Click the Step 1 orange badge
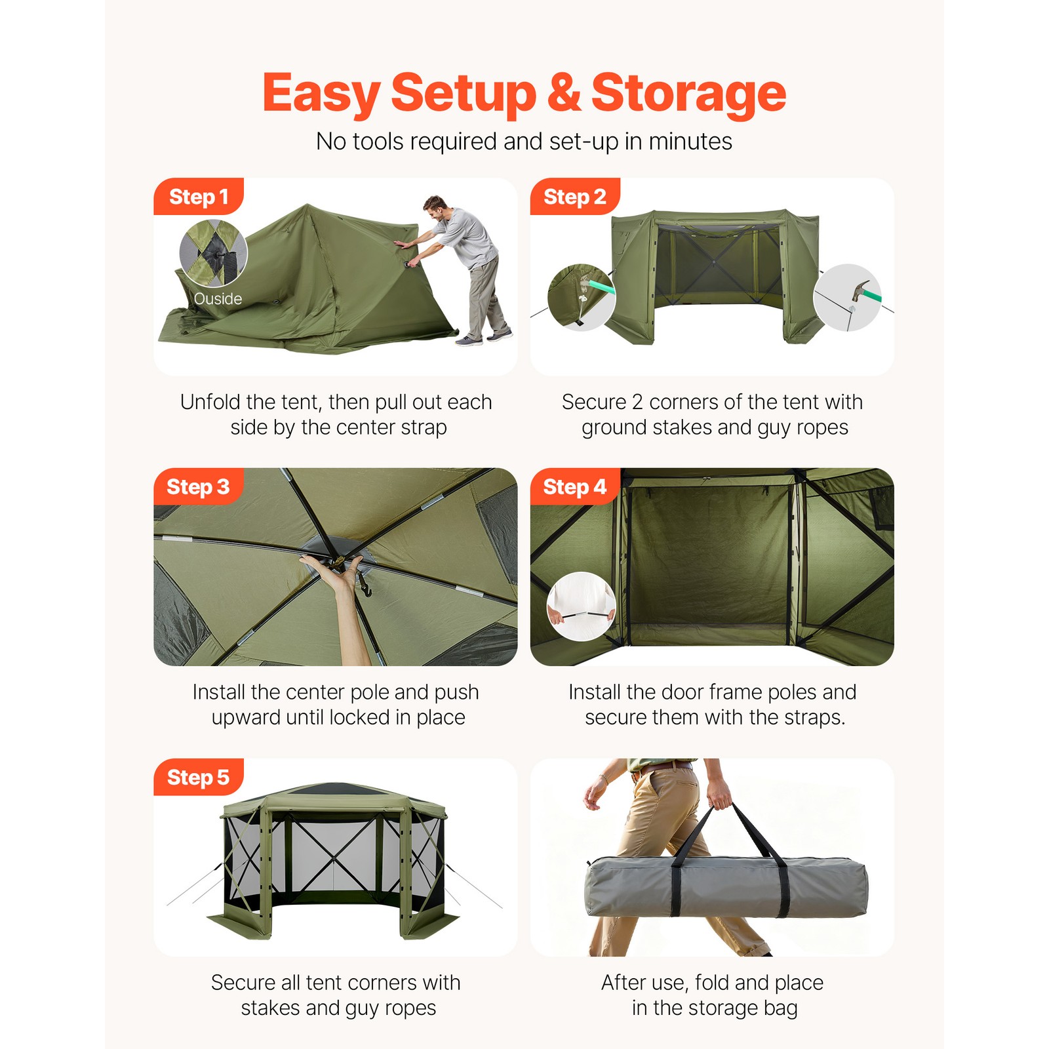(x=198, y=197)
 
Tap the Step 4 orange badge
(x=574, y=487)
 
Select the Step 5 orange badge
(x=198, y=778)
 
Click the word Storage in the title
(x=688, y=93)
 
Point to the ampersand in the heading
(x=564, y=93)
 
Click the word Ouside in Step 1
(x=218, y=299)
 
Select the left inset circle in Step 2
(x=582, y=297)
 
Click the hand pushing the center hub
(x=334, y=570)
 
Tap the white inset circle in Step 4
(x=581, y=606)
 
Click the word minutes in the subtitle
(x=690, y=142)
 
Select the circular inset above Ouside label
(x=213, y=253)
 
